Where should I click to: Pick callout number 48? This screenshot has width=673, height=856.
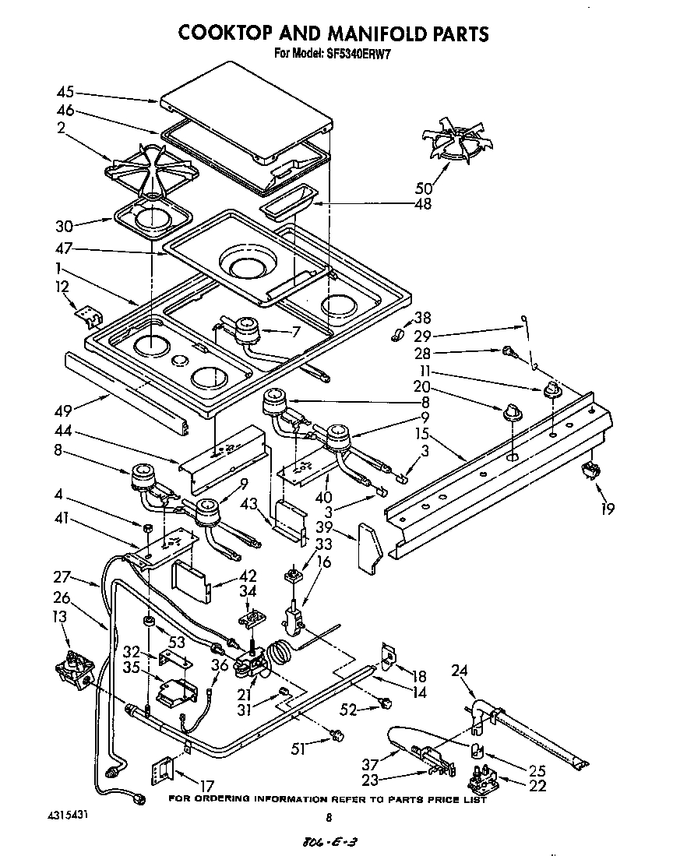pyautogui.click(x=423, y=205)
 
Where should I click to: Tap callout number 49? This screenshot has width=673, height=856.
pyautogui.click(x=65, y=405)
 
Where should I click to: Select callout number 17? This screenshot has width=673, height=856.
pyautogui.click(x=206, y=786)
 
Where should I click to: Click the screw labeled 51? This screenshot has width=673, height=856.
pyautogui.click(x=337, y=733)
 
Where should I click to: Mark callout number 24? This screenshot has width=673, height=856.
pyautogui.click(x=460, y=669)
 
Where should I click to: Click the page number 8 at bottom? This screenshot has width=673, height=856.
pyautogui.click(x=329, y=819)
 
